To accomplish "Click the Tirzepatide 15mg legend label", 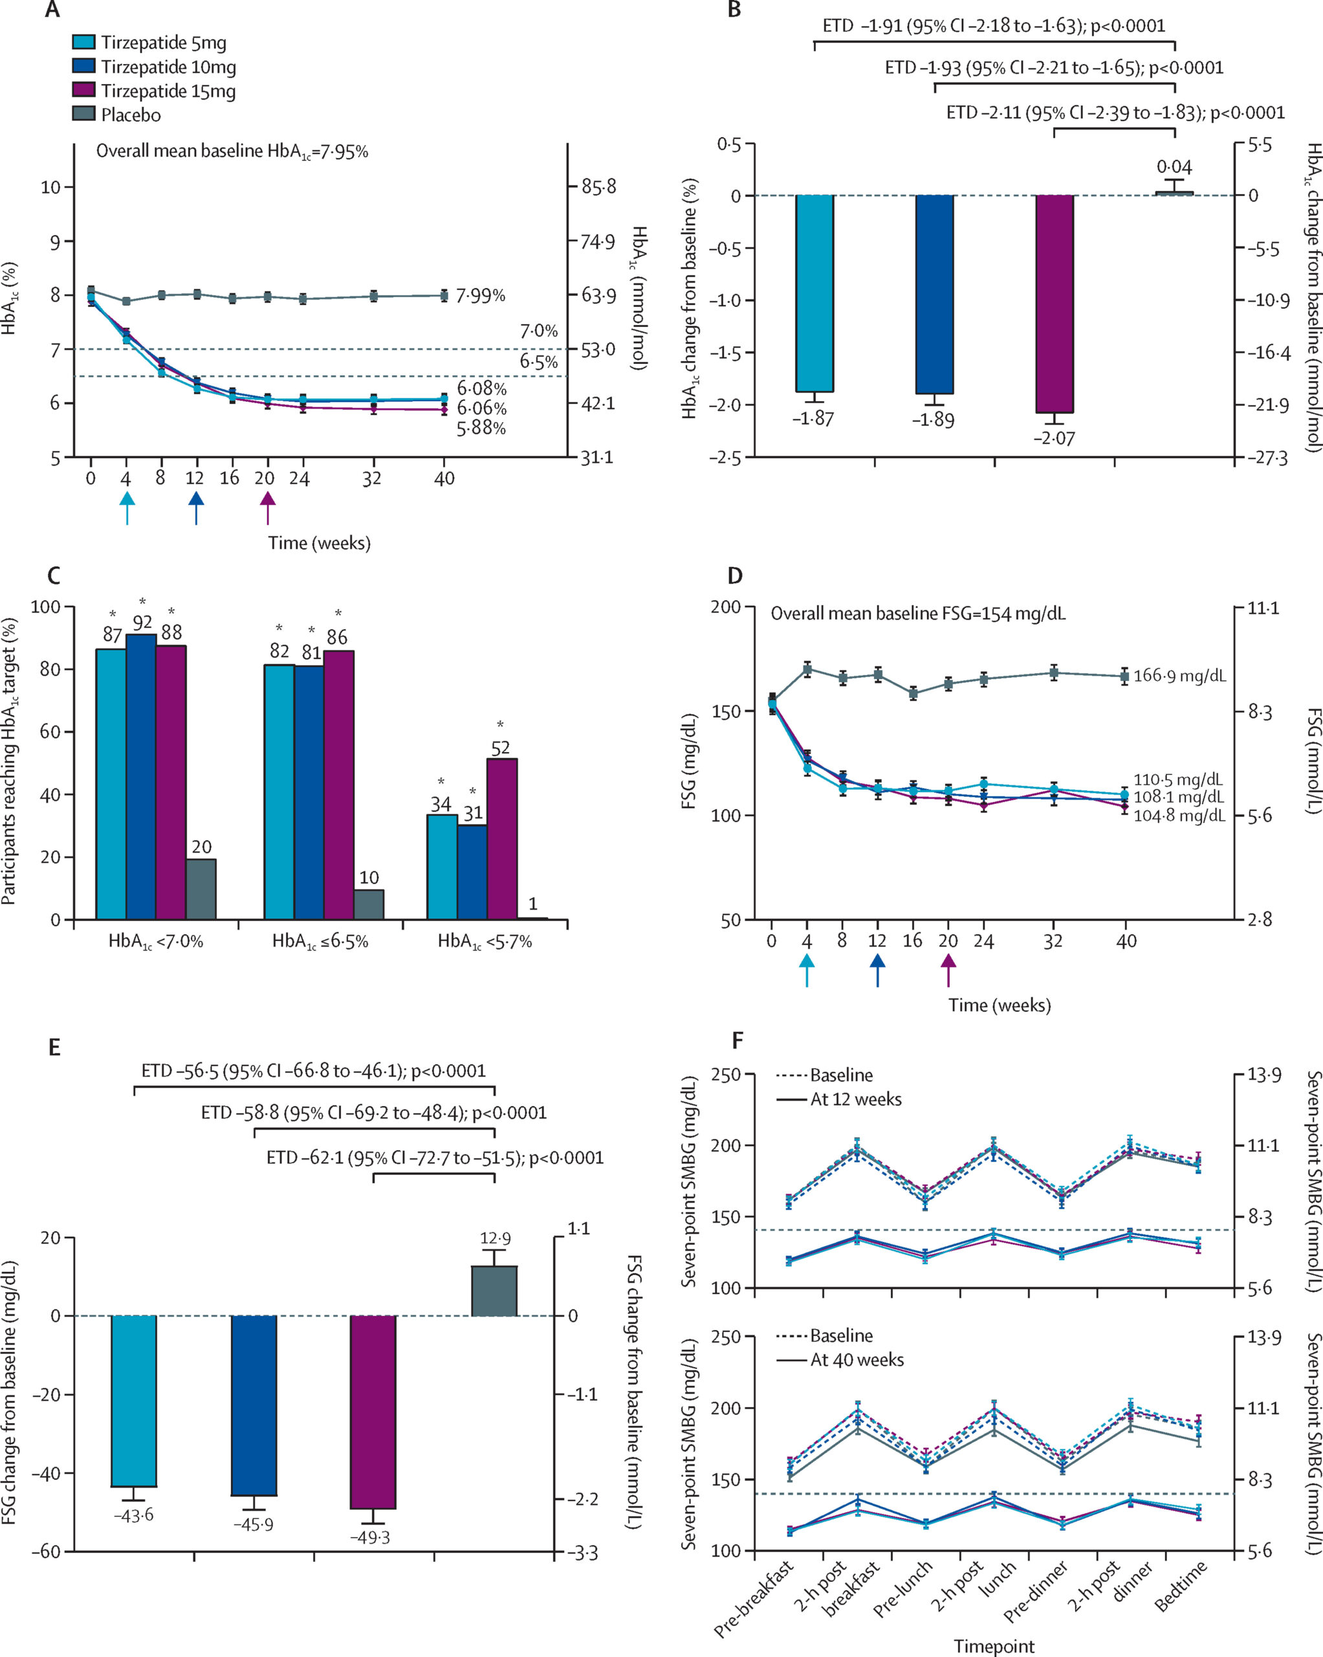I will (168, 91).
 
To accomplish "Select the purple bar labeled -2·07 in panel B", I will (1054, 304).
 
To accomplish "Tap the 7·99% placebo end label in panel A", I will (480, 296).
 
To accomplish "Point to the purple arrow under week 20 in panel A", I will (267, 508).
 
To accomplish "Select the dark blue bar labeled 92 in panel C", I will (142, 776).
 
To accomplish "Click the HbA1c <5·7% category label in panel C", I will (485, 942).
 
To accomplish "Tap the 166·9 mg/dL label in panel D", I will (1179, 676).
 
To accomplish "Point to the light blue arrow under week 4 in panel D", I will (807, 970).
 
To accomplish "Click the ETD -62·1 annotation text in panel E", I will (435, 1157).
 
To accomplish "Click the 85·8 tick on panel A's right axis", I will (598, 187).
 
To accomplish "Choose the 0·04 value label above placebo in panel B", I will (1175, 167).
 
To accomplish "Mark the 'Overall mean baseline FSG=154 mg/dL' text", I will (918, 614).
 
